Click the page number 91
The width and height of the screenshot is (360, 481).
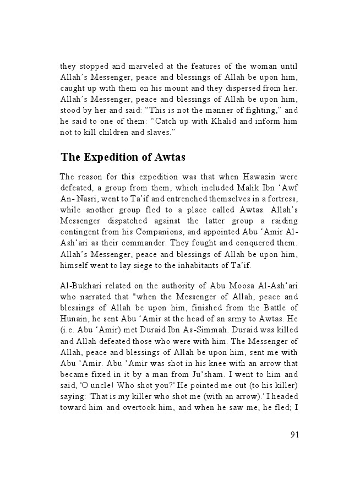click(x=294, y=434)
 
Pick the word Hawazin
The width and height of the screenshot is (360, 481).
click(x=250, y=177)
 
